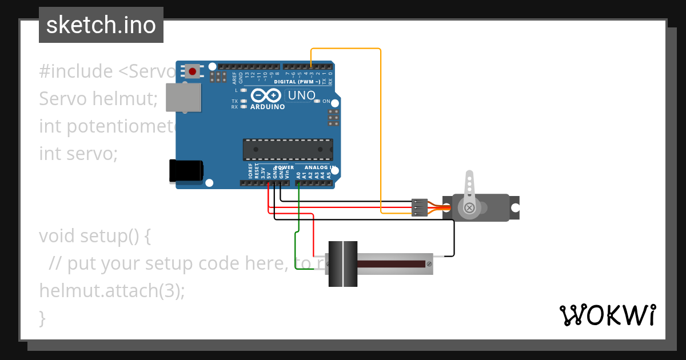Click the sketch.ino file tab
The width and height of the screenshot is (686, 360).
coord(101,25)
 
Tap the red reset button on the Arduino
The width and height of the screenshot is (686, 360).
coord(193,71)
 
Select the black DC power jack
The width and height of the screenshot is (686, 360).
coord(186,171)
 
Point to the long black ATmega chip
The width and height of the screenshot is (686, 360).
coord(288,149)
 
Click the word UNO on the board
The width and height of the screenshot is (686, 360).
coord(301,95)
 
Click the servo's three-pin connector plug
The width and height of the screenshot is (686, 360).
coord(419,207)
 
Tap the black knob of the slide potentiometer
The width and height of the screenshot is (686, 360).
coord(342,263)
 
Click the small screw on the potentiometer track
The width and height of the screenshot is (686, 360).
coord(429,263)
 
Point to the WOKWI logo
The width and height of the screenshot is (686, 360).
coord(607,315)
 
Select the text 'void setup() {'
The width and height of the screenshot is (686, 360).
coord(95,235)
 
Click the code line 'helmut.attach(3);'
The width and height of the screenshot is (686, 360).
coord(112,290)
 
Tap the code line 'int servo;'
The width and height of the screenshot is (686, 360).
coord(78,153)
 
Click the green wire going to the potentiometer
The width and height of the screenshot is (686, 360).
coord(296,246)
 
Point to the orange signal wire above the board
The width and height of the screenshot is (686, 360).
coord(349,49)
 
